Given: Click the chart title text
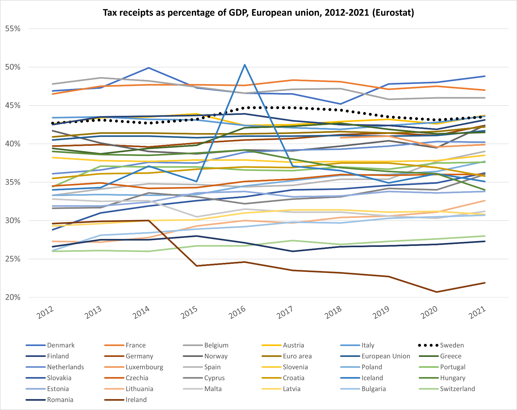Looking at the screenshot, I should [258, 13].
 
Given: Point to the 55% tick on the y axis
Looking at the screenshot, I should [13, 29].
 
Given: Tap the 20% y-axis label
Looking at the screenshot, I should [13, 297].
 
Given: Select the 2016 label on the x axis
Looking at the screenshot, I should [237, 312].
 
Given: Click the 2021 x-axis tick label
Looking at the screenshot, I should [477, 312].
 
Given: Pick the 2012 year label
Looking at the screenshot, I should [45, 312].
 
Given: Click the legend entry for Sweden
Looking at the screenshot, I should [451, 345].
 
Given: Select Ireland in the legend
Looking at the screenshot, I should [136, 400].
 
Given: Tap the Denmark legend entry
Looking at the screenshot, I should [60, 345].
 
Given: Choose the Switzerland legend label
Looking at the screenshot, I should [457, 389].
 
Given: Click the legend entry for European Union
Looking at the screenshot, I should [386, 356].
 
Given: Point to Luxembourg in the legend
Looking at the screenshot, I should [144, 367].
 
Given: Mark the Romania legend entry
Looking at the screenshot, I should [60, 400].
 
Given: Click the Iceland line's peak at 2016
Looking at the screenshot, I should [245, 65].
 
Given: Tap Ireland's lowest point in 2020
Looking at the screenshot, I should [437, 292].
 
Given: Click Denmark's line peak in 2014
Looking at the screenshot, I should [149, 68].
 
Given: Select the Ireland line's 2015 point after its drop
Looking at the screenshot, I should [197, 266].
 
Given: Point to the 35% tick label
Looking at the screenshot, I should [13, 182].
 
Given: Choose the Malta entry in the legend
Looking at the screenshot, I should [213, 389].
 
